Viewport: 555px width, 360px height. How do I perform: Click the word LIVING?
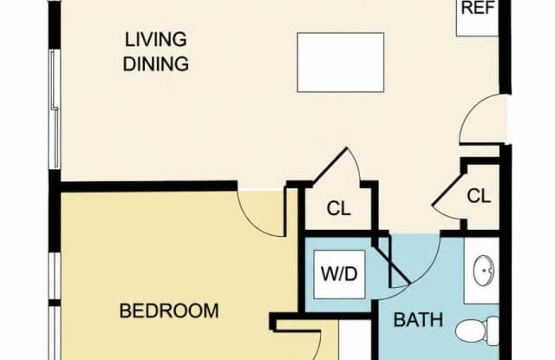(x=156, y=39)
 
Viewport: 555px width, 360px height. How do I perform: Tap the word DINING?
(x=156, y=64)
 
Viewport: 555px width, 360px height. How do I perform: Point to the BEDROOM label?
(x=169, y=311)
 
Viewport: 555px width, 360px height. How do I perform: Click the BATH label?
(x=418, y=319)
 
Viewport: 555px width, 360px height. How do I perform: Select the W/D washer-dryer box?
(x=339, y=274)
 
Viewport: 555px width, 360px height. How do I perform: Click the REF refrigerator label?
(x=478, y=8)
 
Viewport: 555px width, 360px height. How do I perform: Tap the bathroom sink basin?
(x=484, y=272)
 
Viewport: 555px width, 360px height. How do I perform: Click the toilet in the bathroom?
(x=478, y=331)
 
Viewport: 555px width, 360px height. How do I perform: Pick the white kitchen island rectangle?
(x=341, y=62)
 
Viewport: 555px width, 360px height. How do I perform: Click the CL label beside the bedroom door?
(x=339, y=208)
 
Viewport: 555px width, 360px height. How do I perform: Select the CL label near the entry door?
(x=479, y=196)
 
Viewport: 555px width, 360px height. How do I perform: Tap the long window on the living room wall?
(x=55, y=109)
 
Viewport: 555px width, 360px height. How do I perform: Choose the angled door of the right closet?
(x=447, y=189)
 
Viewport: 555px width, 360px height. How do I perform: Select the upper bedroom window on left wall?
(x=55, y=275)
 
